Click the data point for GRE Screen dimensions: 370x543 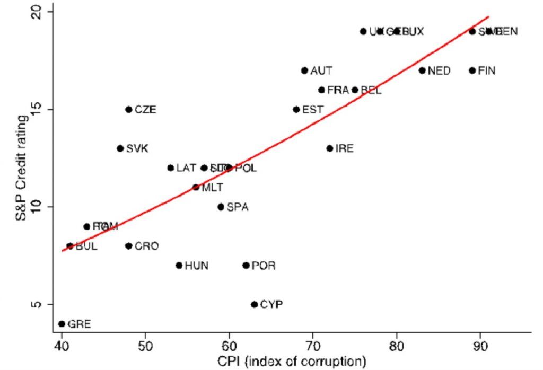click(62, 324)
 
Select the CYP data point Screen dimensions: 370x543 click(255, 304)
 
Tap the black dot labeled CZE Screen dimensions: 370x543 click(128, 110)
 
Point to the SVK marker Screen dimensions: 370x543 click(120, 148)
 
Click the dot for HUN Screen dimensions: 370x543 click(179, 265)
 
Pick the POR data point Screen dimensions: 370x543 click(246, 265)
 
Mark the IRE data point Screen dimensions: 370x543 click(330, 148)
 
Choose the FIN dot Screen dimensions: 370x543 click(472, 71)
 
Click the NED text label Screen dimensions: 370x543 click(439, 71)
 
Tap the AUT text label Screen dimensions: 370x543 click(321, 71)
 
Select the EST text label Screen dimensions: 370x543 click(312, 110)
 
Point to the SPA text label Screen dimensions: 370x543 click(238, 207)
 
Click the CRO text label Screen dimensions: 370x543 click(146, 246)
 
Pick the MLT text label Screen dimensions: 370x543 click(212, 188)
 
